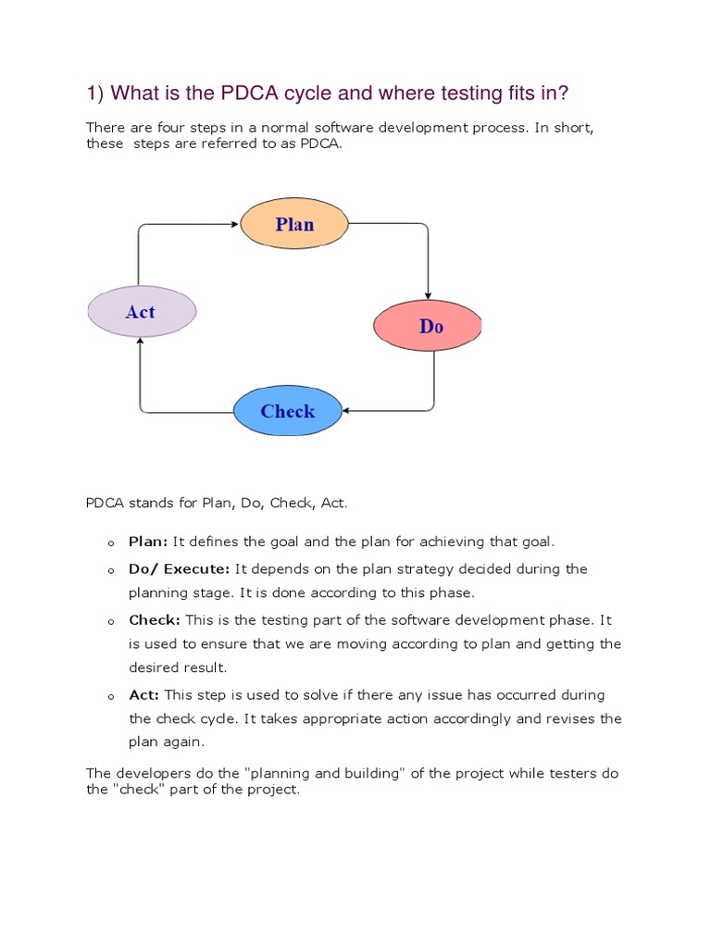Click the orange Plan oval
[294, 225]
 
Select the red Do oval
[428, 326]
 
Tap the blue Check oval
[287, 412]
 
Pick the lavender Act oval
[142, 312]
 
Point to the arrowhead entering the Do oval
[428, 296]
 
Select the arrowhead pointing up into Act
[141, 342]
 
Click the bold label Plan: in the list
[148, 542]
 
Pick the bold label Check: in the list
[155, 619]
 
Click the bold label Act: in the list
[144, 694]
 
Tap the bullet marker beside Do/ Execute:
[109, 570]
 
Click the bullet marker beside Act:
[109, 696]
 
